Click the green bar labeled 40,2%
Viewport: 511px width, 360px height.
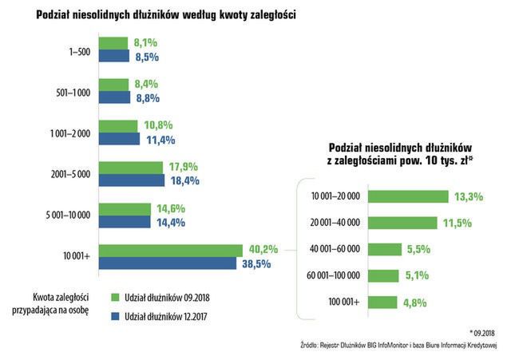(x=170, y=251)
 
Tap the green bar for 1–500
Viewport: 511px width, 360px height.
(x=113, y=43)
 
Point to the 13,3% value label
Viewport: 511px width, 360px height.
(x=468, y=196)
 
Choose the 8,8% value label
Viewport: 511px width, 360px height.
(x=148, y=97)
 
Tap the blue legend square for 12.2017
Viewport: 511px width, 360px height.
(x=114, y=318)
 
